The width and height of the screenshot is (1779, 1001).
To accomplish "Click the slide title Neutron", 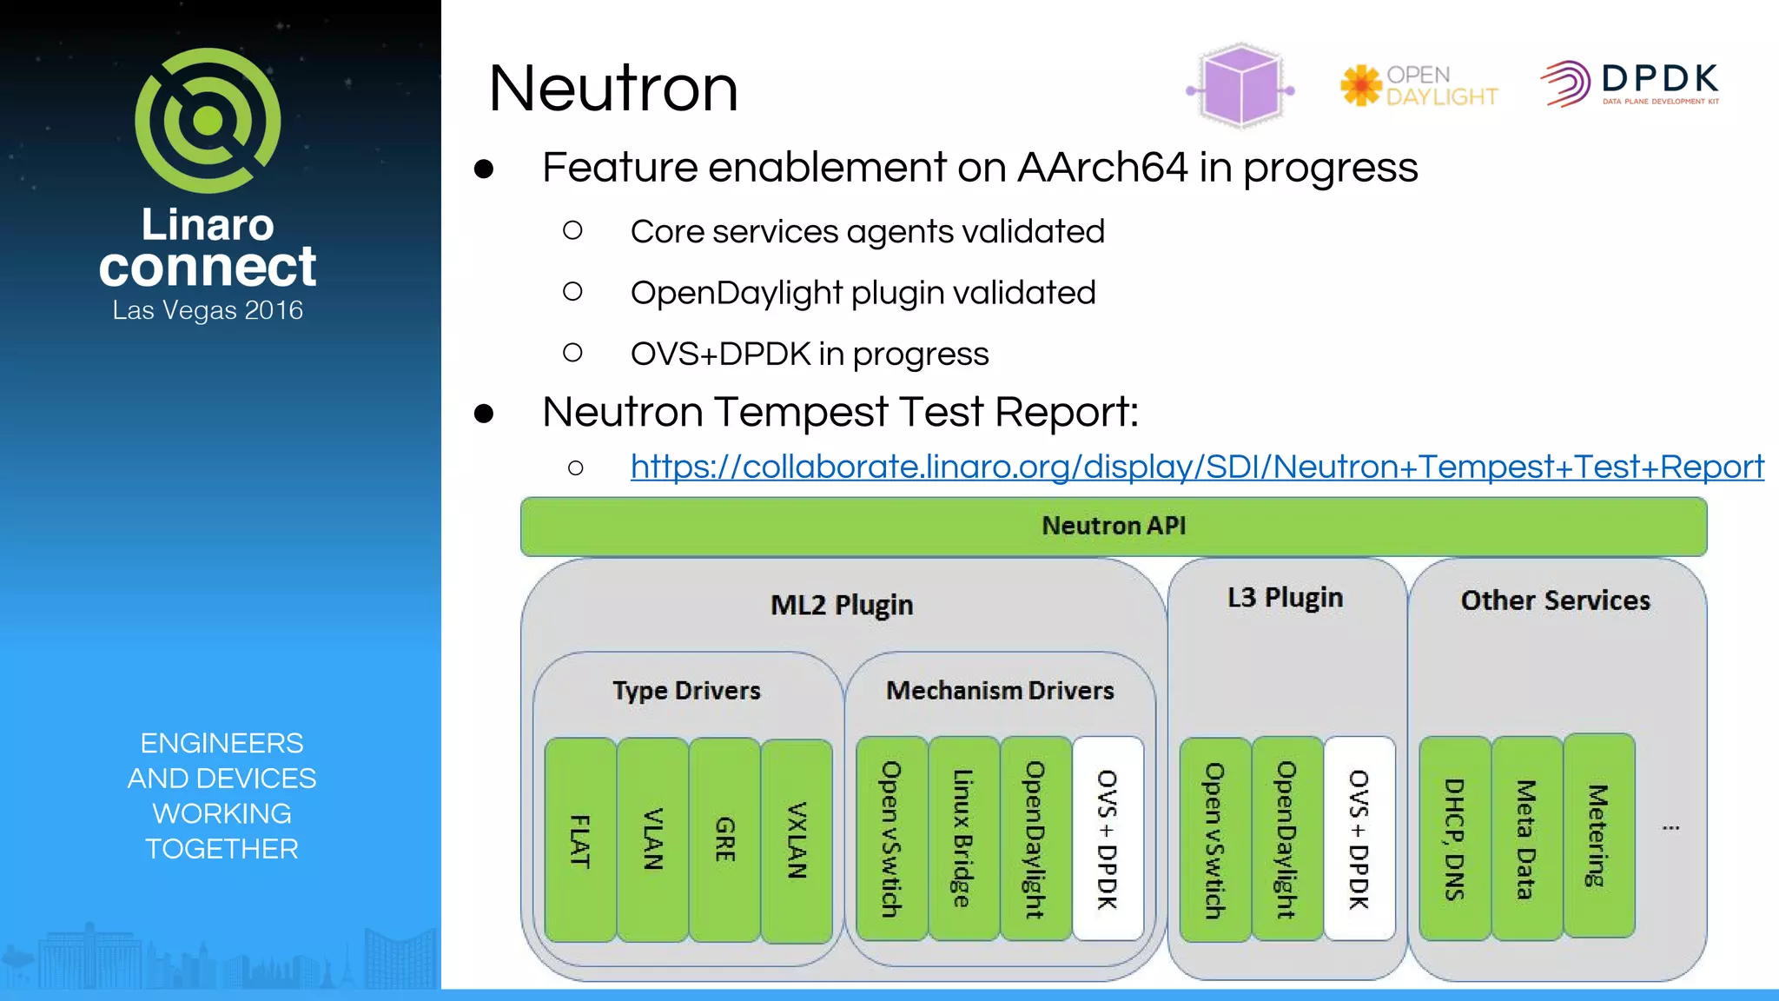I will click(x=613, y=89).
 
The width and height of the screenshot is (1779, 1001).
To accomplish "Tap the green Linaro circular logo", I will click(x=208, y=121).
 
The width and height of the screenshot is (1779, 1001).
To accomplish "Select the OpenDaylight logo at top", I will click(x=1419, y=86).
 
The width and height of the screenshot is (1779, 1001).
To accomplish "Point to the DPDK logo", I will click(x=1630, y=83).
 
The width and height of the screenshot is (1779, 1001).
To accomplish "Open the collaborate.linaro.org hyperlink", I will click(x=1196, y=467).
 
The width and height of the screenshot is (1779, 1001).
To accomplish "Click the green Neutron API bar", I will click(x=1113, y=527).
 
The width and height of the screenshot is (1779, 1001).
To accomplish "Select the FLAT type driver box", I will click(x=580, y=840).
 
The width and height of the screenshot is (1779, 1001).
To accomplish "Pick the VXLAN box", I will click(x=797, y=840).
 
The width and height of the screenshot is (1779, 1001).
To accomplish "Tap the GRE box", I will click(x=724, y=840).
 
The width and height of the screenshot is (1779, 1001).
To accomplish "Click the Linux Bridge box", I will click(x=962, y=839).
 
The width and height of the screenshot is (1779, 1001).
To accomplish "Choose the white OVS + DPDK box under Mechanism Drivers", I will click(x=1108, y=839).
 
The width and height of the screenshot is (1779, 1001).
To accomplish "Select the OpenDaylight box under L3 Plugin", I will click(x=1286, y=839).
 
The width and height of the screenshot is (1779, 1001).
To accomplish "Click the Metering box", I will click(x=1598, y=836).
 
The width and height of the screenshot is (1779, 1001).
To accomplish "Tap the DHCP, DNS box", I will click(x=1454, y=839).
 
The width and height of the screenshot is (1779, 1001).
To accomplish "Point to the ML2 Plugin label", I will click(x=841, y=605).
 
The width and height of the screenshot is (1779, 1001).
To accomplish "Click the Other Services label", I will click(x=1555, y=600).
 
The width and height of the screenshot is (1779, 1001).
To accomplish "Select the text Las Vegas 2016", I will click(x=208, y=310).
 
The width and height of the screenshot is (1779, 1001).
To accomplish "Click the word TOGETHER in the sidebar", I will click(x=222, y=849).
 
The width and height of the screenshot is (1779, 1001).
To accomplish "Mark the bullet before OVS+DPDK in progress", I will click(x=572, y=353).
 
